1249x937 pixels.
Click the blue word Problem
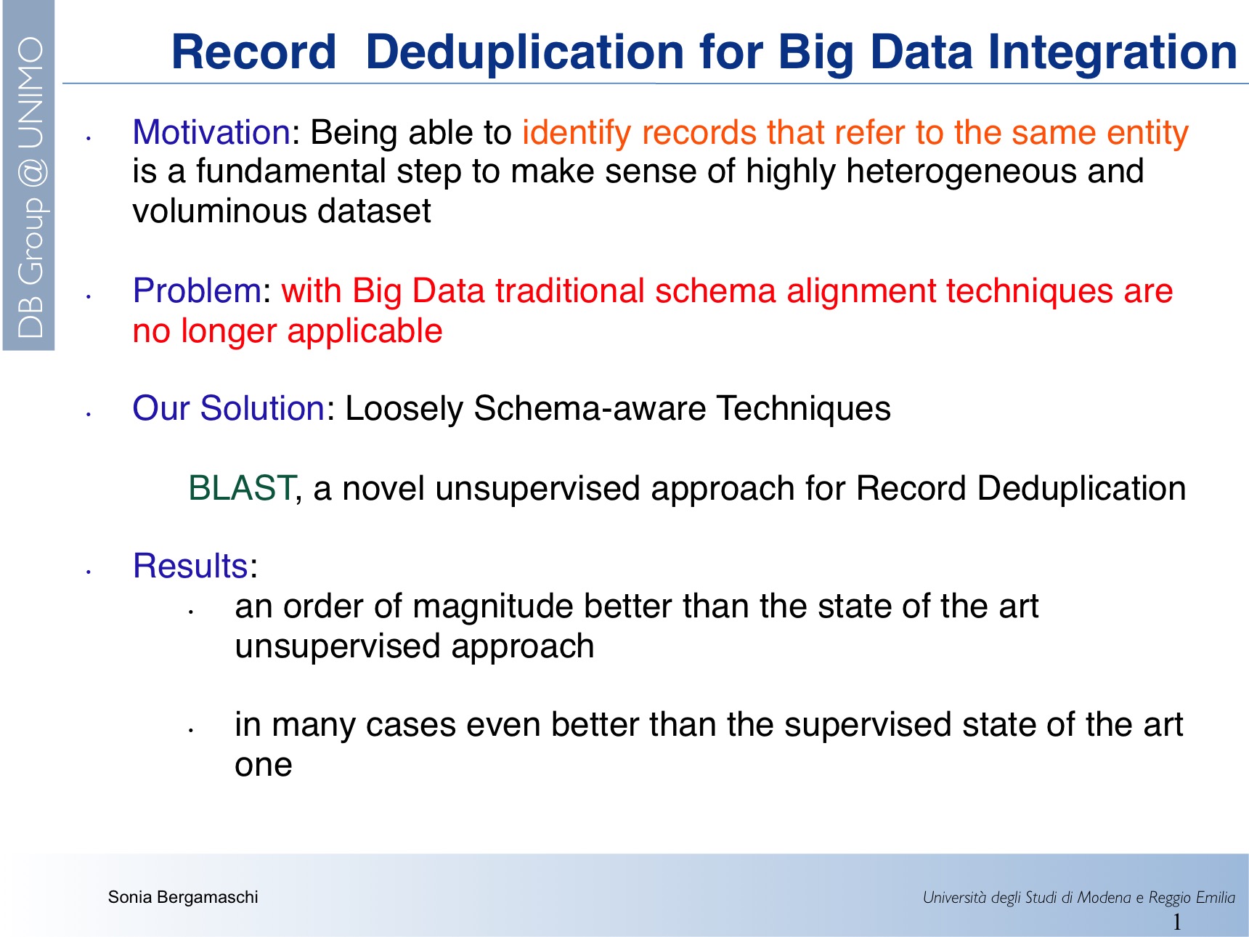point(197,291)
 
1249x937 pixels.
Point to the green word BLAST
point(242,488)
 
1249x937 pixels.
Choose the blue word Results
point(191,566)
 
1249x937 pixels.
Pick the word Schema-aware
point(590,408)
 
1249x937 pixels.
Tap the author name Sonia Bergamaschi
point(183,897)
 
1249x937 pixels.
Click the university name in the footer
point(1078,898)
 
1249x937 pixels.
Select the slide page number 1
point(1176,922)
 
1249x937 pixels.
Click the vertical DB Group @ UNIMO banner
point(30,187)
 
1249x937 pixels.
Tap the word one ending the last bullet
point(264,766)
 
